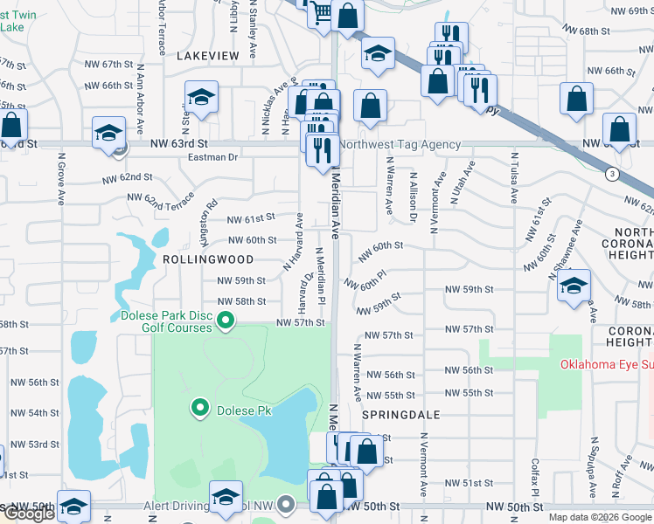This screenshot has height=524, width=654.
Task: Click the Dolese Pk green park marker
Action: tap(199, 408)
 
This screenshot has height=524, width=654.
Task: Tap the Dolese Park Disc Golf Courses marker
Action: tap(226, 322)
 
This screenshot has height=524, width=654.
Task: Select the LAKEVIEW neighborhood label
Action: tap(207, 55)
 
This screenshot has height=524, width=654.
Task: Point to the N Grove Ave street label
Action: tap(61, 179)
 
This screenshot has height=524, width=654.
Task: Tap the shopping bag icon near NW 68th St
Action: tap(348, 16)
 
